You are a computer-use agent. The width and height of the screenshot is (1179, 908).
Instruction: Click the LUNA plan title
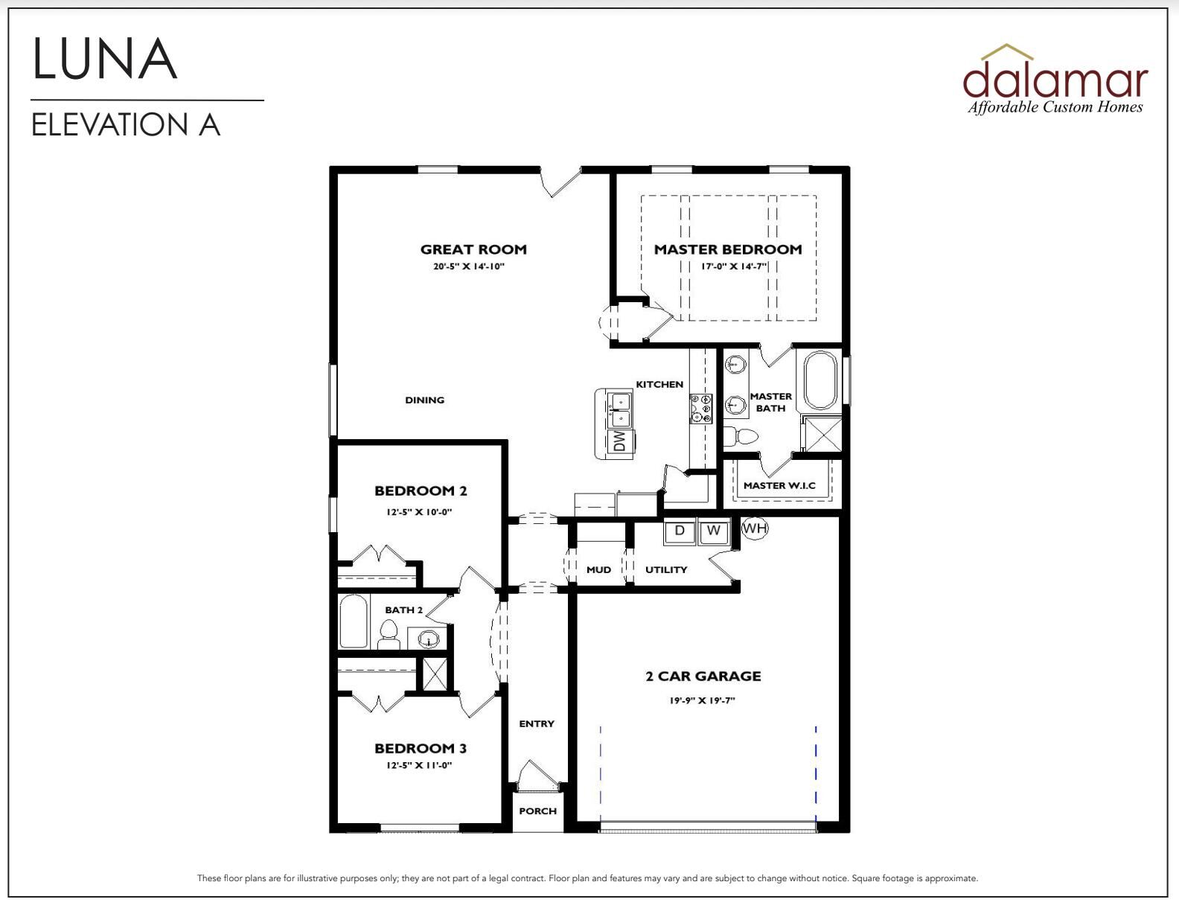pos(105,59)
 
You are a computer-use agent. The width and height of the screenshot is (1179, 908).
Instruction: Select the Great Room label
pos(473,249)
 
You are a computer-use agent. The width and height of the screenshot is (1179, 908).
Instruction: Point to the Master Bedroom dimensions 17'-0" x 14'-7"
pos(734,266)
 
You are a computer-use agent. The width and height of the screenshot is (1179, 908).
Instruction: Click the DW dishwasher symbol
pos(619,441)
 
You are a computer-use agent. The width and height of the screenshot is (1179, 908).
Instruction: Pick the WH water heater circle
pos(754,528)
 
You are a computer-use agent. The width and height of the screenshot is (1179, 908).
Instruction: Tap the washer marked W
pos(713,531)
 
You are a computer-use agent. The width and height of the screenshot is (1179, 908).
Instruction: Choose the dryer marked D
pos(680,531)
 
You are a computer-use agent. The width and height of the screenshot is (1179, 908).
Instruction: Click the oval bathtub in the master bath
pos(819,380)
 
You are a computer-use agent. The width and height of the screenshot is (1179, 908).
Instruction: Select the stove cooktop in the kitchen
pos(700,409)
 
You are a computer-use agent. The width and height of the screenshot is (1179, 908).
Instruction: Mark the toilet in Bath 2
pos(388,635)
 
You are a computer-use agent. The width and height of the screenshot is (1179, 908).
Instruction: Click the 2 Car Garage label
pos(703,676)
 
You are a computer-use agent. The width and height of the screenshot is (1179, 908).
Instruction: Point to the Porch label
pos(537,811)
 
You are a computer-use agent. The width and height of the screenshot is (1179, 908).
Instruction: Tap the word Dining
pos(425,400)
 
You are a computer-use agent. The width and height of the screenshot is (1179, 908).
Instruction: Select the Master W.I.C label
pos(779,485)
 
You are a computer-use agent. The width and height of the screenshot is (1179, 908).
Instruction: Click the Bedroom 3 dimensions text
pos(419,765)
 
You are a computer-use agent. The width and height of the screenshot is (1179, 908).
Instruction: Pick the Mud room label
pos(598,569)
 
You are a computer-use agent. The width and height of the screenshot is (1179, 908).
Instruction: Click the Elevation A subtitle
pos(125,125)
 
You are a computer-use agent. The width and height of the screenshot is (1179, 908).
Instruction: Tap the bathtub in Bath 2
pos(354,621)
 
